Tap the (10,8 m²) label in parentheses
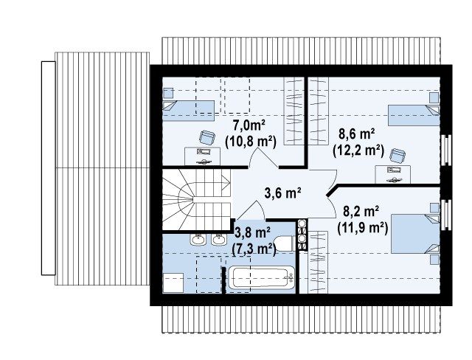(251, 141)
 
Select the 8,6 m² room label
(357, 134)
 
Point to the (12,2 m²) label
(358, 150)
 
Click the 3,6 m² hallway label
(283, 193)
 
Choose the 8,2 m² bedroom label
(361, 212)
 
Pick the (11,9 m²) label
(362, 227)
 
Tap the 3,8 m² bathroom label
(252, 232)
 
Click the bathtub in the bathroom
(260, 277)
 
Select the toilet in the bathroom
(283, 243)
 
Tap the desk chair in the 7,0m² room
(207, 137)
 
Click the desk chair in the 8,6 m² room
(398, 156)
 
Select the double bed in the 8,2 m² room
(415, 234)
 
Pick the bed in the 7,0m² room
(189, 111)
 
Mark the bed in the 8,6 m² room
(414, 115)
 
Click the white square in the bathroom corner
(173, 283)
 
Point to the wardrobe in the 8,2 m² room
(318, 262)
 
